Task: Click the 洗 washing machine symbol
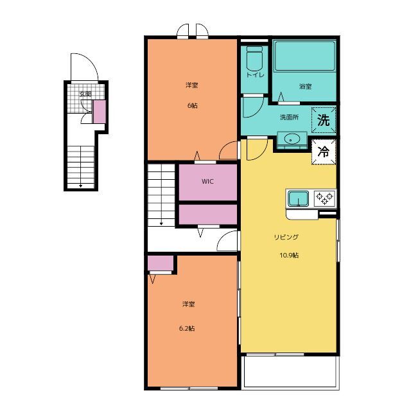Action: (x=324, y=120)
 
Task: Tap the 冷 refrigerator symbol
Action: (x=324, y=152)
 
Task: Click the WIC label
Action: (x=207, y=181)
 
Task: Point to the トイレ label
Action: (x=255, y=75)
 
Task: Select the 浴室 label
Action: (x=306, y=86)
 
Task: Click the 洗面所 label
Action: (x=289, y=117)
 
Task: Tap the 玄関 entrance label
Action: (x=85, y=94)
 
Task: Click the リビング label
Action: (x=286, y=237)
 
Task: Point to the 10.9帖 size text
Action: (x=289, y=255)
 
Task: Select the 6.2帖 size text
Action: (x=187, y=328)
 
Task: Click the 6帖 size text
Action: (x=193, y=105)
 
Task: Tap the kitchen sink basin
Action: (x=298, y=198)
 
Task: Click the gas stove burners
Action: (x=325, y=198)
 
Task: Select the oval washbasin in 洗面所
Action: (x=292, y=138)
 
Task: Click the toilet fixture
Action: (x=254, y=58)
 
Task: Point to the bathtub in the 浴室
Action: (x=304, y=56)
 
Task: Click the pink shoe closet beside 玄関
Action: (x=100, y=112)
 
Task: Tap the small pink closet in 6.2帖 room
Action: (x=161, y=263)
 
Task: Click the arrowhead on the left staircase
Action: (x=81, y=186)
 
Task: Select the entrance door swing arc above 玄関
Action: (x=91, y=60)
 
